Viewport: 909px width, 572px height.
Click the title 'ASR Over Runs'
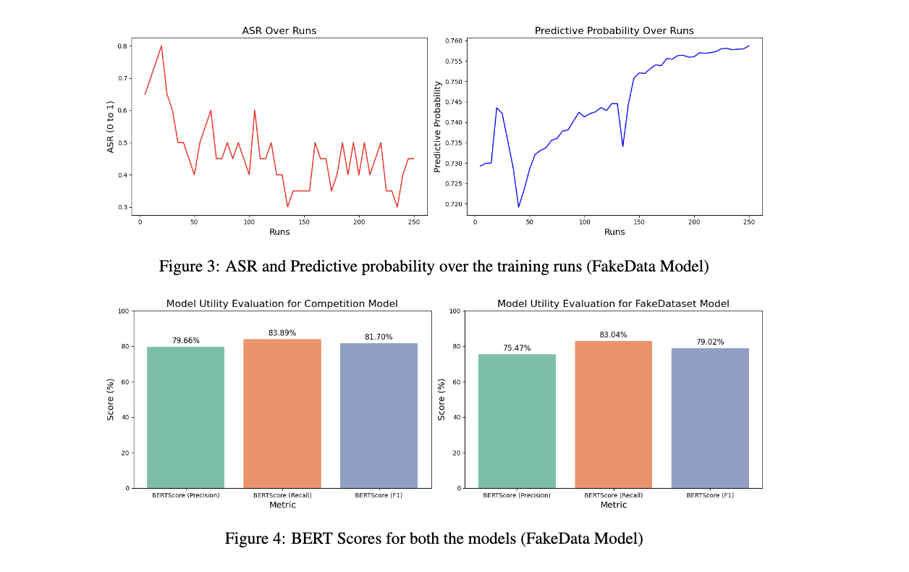click(x=279, y=31)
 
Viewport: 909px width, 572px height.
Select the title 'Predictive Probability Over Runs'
click(x=614, y=31)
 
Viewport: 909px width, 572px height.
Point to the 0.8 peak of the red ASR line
click(x=161, y=46)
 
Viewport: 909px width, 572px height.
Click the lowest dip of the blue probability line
click(x=518, y=207)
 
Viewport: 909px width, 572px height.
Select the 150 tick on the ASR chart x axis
click(x=304, y=222)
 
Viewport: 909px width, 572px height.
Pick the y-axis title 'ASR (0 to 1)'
click(x=111, y=127)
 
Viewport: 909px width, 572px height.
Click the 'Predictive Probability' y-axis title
click(x=437, y=127)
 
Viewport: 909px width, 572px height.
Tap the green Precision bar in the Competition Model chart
click(x=185, y=417)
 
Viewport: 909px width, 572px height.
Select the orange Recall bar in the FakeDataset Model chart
click(x=613, y=414)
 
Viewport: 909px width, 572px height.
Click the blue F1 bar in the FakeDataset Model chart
click(x=710, y=418)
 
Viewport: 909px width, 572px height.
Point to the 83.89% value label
click(x=282, y=333)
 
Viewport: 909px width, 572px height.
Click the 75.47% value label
click(x=517, y=348)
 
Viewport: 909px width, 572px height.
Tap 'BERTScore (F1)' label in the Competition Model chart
click(x=379, y=495)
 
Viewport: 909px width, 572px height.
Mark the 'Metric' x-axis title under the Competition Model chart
click(x=282, y=505)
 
